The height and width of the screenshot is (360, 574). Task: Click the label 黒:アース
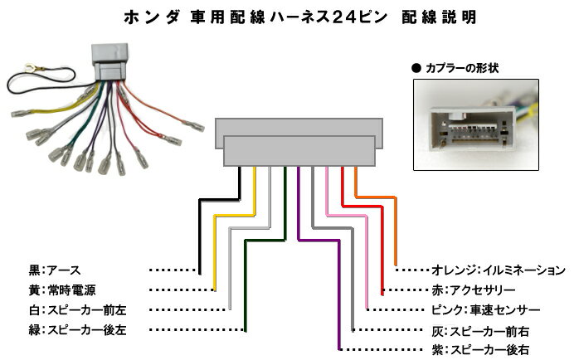coord(55,270)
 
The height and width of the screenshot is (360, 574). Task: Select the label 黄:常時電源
coord(62,290)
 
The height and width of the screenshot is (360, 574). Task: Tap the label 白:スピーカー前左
coord(78,310)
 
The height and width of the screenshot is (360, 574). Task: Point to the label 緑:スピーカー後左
coord(78,329)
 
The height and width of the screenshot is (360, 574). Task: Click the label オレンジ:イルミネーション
coord(499,270)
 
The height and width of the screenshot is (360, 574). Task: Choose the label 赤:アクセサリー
coord(474,290)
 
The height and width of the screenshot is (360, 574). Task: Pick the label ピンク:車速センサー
coord(486,310)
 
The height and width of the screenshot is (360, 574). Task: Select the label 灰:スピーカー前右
coord(480,331)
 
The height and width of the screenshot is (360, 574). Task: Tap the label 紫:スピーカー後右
coord(480,349)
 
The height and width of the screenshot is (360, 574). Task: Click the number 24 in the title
coord(345,17)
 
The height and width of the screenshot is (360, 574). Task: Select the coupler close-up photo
coord(476,125)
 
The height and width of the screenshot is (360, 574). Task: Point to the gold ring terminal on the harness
coord(28,67)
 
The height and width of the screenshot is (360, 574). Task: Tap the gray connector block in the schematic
coord(299,142)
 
